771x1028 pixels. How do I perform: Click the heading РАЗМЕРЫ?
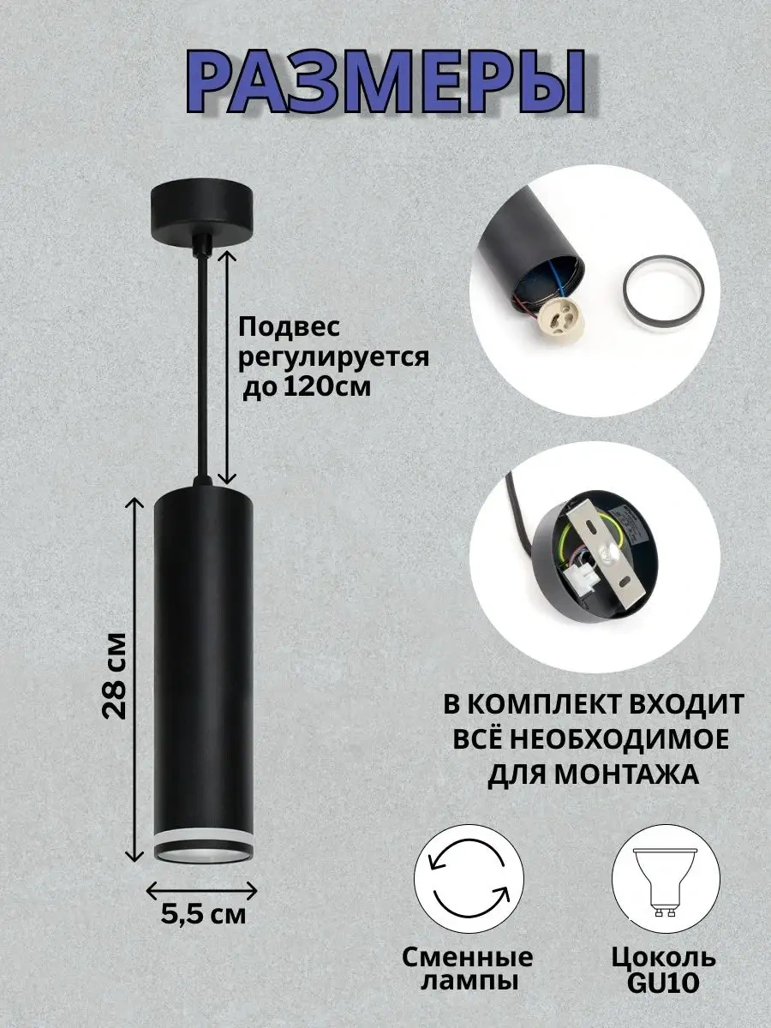pos(386,81)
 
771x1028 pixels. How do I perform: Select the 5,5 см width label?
pos(203,915)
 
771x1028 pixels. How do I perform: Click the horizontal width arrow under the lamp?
pos(202,890)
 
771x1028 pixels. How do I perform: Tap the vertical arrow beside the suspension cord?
pos(227,367)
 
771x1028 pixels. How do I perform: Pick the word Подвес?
pos(290,328)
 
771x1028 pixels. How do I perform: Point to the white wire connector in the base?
pos(583,579)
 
